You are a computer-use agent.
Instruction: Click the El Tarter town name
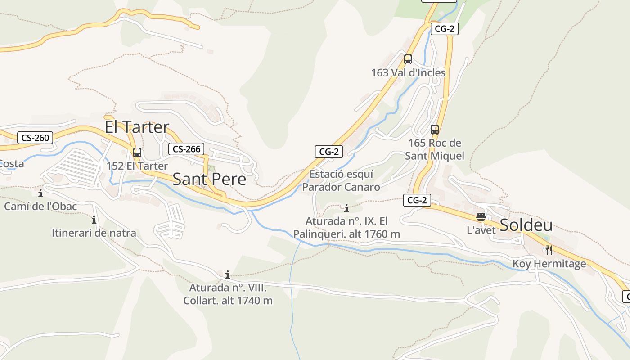[137, 127]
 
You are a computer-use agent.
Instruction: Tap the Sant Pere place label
[209, 179]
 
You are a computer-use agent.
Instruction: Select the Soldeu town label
[526, 225]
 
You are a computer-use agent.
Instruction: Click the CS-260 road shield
[35, 138]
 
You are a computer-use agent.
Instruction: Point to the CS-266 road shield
[186, 149]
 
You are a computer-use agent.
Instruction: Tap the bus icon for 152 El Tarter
[137, 153]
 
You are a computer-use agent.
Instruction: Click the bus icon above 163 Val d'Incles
[408, 59]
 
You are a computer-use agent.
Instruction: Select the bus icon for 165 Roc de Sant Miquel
[435, 130]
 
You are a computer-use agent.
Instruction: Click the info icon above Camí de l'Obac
[40, 193]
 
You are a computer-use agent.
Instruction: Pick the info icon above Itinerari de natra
[94, 220]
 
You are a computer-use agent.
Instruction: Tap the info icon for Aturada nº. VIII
[228, 274]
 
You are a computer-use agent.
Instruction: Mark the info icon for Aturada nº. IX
[346, 208]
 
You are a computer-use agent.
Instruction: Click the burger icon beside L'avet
[481, 217]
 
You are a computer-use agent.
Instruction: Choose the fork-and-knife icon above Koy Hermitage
[549, 250]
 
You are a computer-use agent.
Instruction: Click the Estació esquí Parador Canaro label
[341, 180]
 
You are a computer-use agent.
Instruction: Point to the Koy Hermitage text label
[549, 264]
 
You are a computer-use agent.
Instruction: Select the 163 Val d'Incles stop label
[408, 72]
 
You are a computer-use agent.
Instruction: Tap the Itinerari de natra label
[94, 233]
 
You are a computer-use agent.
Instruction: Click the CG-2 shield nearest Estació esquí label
[328, 152]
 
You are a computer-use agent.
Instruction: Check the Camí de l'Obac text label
[40, 207]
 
